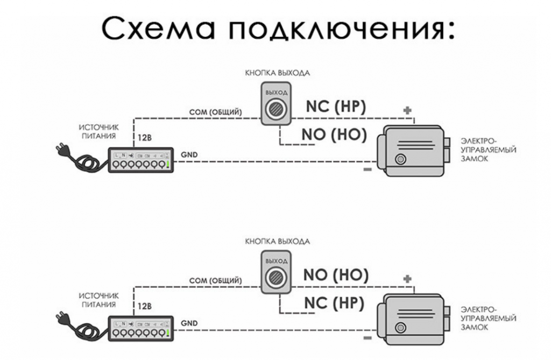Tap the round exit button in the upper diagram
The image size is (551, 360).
click(x=277, y=108)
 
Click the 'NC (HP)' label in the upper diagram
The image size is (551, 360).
click(x=336, y=107)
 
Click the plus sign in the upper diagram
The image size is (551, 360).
click(x=408, y=110)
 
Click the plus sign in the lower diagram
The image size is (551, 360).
click(x=408, y=279)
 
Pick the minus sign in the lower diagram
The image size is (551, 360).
click(x=368, y=338)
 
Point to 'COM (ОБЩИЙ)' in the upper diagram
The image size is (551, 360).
click(x=215, y=112)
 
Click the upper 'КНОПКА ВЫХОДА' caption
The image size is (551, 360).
click(x=277, y=72)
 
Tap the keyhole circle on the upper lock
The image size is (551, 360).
click(x=400, y=159)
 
